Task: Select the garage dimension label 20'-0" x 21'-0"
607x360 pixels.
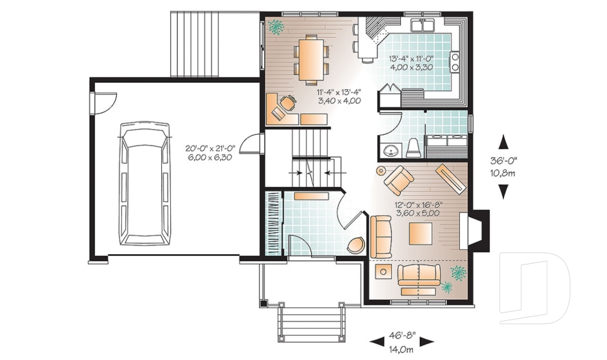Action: [x=209, y=152]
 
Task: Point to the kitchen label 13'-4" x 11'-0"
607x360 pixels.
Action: [x=410, y=63]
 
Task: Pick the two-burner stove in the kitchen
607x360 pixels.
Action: [x=454, y=61]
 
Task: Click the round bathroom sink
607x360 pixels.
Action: [x=391, y=151]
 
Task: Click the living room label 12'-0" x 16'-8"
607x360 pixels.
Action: [x=418, y=209]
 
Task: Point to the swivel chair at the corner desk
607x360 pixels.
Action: [x=288, y=102]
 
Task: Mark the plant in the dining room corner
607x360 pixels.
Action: [x=275, y=27]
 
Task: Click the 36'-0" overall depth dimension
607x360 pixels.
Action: [x=503, y=166]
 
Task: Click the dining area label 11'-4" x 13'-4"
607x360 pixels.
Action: [x=338, y=96]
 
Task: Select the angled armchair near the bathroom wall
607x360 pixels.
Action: [x=398, y=180]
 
